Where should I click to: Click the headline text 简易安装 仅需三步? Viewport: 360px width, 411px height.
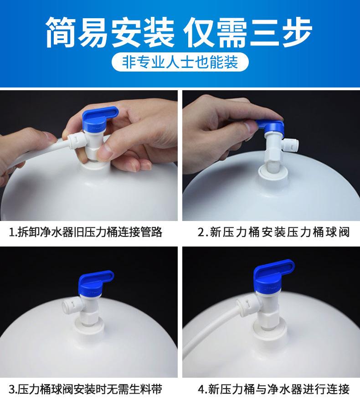(179, 32)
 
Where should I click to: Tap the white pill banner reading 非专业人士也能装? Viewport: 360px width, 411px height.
(180, 62)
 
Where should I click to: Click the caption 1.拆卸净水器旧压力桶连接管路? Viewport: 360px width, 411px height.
(86, 232)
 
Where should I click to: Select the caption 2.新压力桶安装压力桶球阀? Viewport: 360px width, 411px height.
(273, 232)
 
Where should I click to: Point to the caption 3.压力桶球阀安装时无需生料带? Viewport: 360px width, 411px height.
(86, 389)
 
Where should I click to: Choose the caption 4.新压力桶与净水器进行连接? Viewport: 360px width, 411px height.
(273, 389)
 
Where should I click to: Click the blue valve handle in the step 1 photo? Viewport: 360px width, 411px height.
(100, 119)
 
